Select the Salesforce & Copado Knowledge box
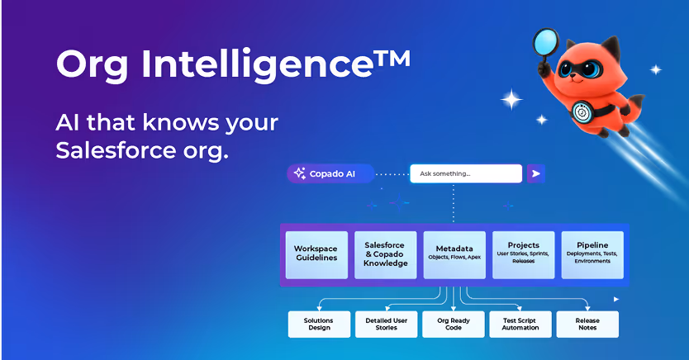pos(386,254)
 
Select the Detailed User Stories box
pos(386,324)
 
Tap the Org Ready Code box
pos(454,324)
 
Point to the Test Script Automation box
pos(520,324)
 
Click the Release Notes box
pos(587,324)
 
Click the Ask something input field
pos(467,173)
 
